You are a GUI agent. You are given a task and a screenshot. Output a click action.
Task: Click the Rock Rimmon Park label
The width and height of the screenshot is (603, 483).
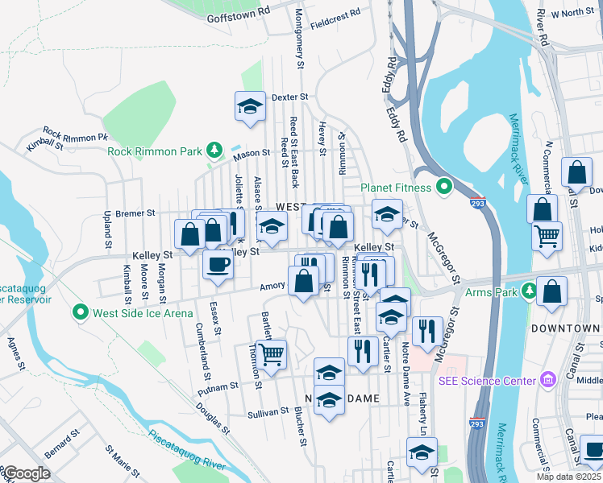coord(156,151)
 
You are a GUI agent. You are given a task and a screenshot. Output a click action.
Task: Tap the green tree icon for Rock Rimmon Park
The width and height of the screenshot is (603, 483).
coord(214,150)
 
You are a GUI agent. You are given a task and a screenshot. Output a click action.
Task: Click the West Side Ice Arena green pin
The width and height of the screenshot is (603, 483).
coord(80,312)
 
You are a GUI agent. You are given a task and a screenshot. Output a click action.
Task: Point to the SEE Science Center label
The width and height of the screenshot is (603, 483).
coord(487,380)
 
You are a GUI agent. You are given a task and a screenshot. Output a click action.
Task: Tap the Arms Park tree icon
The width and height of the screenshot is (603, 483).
coord(529,291)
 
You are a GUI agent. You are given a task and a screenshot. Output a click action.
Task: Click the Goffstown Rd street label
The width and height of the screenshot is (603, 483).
coord(237,15)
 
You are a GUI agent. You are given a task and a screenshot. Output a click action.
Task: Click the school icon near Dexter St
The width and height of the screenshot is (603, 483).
coord(250,105)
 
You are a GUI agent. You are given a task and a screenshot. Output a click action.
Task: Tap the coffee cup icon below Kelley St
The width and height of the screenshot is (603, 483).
coord(216,265)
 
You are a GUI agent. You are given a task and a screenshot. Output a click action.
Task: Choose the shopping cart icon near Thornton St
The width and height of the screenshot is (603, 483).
coord(272,354)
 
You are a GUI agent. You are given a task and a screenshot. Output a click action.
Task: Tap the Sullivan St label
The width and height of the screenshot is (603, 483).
coord(268,411)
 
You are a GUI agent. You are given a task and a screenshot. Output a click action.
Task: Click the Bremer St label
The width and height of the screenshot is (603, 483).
coord(135,213)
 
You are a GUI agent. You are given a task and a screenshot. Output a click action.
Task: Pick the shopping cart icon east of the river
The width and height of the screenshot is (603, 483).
coord(547,237)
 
